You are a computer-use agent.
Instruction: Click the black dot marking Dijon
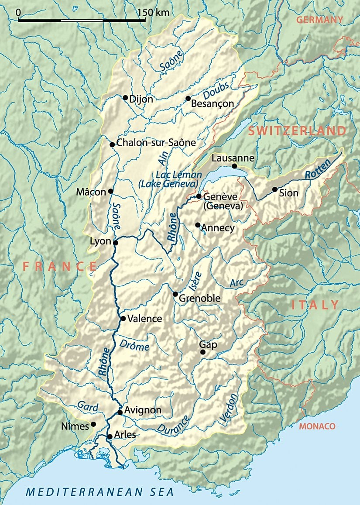(125, 97)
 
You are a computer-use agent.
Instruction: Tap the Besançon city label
(213, 104)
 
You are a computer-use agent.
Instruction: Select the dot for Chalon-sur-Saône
(112, 144)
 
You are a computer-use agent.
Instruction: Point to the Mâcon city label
(91, 192)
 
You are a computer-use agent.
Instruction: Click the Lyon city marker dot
(116, 243)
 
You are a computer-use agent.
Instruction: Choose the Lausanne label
(232, 158)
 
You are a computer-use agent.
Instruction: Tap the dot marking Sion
(274, 189)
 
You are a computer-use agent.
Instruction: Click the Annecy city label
(218, 228)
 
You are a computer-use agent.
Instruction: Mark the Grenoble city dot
(175, 294)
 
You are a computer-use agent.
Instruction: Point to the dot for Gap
(202, 352)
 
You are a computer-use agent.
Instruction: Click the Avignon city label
(143, 410)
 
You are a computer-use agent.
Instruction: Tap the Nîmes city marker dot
(93, 424)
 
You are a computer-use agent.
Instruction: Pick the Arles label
(125, 435)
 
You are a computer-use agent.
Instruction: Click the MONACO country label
(317, 426)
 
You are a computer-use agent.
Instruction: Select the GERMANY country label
(319, 20)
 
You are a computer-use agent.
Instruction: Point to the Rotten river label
(315, 174)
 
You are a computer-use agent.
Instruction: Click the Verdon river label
(230, 409)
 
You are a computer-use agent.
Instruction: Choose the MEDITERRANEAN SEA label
(99, 492)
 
